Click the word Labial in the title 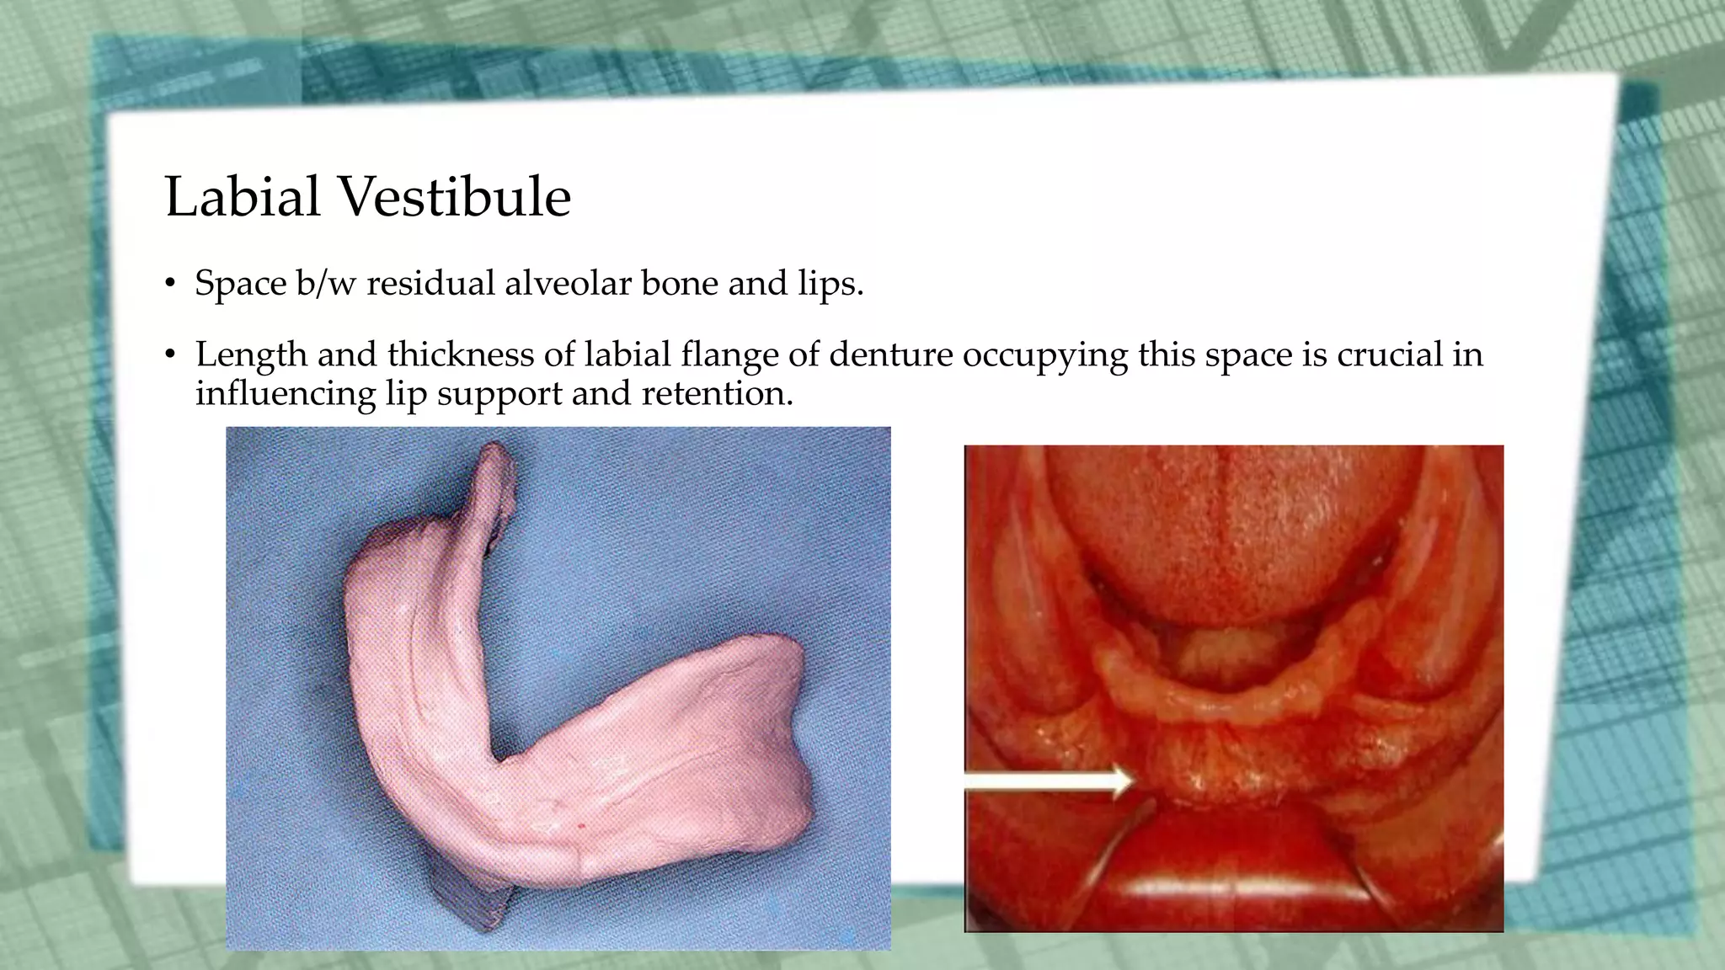click(242, 197)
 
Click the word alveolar click(568, 284)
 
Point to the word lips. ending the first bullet click(830, 284)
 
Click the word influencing click(286, 394)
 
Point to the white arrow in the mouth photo click(1049, 780)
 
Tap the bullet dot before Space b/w click(171, 285)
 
